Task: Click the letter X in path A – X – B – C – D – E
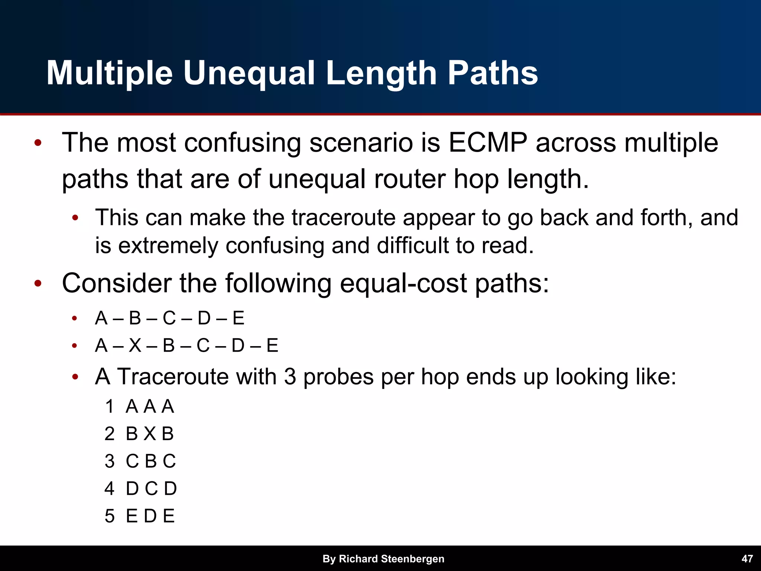coord(135,346)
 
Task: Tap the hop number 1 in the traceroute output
coord(110,406)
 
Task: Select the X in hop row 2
coord(150,434)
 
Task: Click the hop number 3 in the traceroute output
coord(110,461)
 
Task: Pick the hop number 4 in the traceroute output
coord(110,489)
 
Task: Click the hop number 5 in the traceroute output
coord(110,516)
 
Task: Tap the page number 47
coord(747,559)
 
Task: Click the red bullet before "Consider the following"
coord(38,284)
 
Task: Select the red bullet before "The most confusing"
coord(38,143)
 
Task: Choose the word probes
coord(338,377)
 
